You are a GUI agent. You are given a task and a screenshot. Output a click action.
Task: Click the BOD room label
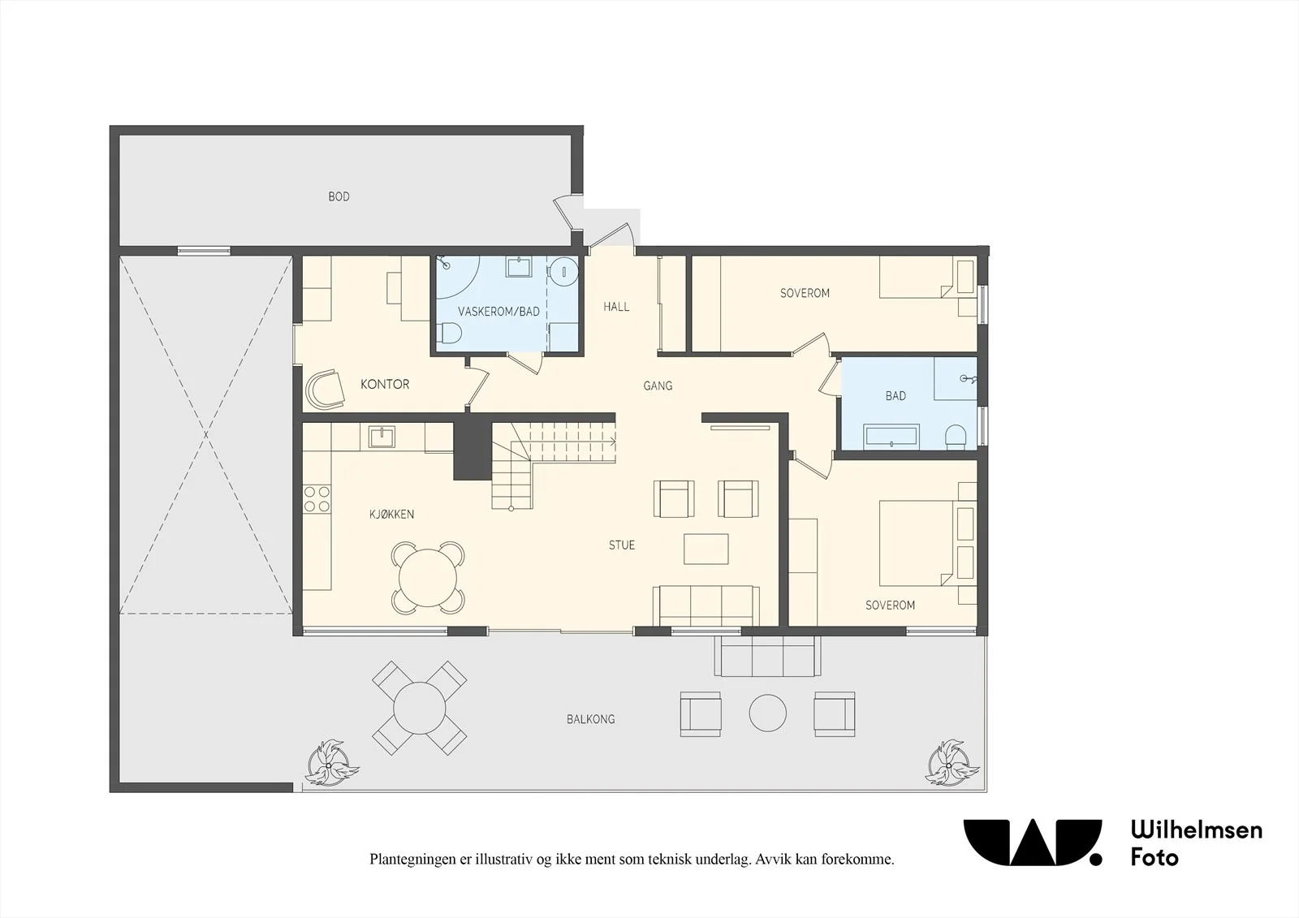click(x=339, y=196)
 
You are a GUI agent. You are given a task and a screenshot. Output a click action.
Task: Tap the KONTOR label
click(x=385, y=384)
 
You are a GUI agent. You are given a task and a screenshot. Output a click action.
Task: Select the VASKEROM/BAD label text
click(x=498, y=312)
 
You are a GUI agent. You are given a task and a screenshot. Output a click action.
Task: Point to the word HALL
click(x=616, y=307)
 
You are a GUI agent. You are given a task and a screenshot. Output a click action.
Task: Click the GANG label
click(x=658, y=386)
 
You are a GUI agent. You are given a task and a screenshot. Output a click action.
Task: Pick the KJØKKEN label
click(x=392, y=514)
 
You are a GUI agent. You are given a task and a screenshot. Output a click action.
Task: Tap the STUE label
click(x=622, y=545)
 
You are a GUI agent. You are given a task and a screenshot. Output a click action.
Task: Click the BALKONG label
click(x=591, y=719)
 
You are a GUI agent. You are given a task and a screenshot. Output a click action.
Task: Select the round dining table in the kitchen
click(x=428, y=578)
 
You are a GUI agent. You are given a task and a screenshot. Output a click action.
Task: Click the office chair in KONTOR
click(x=324, y=389)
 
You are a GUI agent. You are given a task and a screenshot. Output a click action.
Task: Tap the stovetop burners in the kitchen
click(x=317, y=499)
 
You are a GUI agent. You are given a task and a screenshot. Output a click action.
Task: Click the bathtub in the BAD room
click(x=891, y=437)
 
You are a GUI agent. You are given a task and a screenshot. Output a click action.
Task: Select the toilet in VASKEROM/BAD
click(x=449, y=334)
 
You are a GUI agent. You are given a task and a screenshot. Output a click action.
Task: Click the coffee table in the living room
click(x=706, y=549)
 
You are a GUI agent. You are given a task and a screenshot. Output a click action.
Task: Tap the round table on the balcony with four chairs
click(x=419, y=708)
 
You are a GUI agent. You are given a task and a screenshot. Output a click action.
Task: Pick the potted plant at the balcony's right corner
click(x=953, y=763)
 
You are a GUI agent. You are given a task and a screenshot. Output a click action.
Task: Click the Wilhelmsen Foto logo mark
click(x=1033, y=843)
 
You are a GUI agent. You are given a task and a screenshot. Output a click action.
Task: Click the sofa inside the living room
click(x=706, y=606)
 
